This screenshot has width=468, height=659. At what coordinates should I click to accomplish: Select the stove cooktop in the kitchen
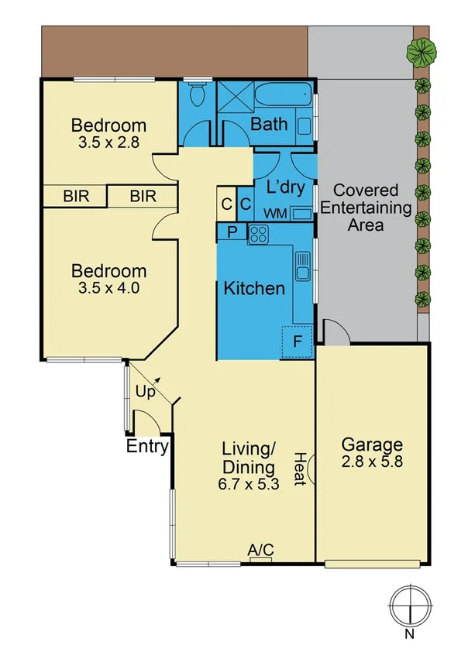[258, 233]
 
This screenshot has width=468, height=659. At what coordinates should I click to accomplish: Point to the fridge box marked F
[297, 341]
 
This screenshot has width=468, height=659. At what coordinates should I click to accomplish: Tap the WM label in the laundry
[274, 213]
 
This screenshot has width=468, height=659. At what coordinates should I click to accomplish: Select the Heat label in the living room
[299, 468]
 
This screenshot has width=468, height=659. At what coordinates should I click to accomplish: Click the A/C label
[260, 550]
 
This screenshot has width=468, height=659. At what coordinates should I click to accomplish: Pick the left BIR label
[77, 197]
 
